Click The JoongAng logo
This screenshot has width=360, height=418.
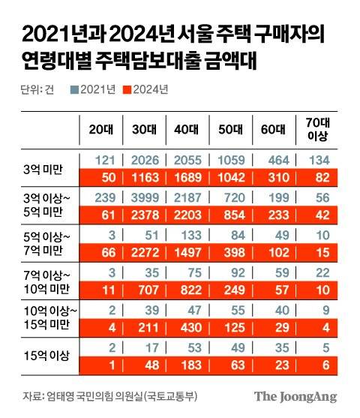point(295,396)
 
